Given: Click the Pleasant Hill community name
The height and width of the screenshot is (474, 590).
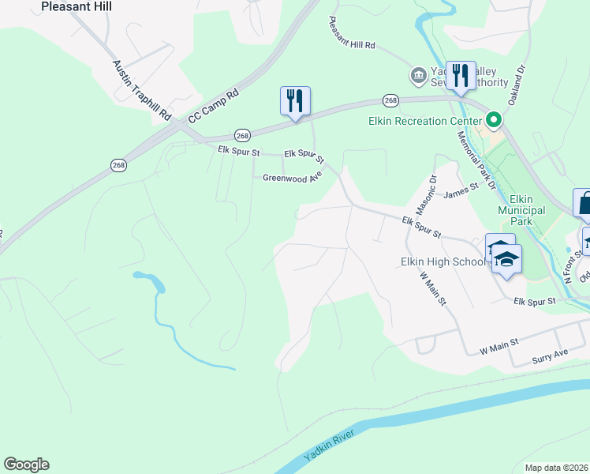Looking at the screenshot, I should pyautogui.click(x=76, y=6).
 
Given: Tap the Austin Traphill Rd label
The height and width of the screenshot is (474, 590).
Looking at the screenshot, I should pyautogui.click(x=141, y=90).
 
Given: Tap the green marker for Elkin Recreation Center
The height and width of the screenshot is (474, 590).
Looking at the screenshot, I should pyautogui.click(x=495, y=120).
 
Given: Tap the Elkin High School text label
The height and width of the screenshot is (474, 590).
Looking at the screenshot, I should pyautogui.click(x=443, y=261).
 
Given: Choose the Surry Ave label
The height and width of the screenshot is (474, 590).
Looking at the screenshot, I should pyautogui.click(x=550, y=354).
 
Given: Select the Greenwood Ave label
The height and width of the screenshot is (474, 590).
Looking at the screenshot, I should pyautogui.click(x=293, y=179).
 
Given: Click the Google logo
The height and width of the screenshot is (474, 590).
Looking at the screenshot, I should pyautogui.click(x=26, y=465).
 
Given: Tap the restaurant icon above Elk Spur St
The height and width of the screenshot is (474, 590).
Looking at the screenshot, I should pyautogui.click(x=295, y=101).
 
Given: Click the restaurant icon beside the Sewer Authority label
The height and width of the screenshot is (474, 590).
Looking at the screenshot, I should pyautogui.click(x=461, y=76).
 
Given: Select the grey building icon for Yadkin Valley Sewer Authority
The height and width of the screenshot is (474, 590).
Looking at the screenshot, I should pyautogui.click(x=416, y=76).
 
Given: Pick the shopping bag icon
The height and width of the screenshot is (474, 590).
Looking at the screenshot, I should pyautogui.click(x=583, y=202).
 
